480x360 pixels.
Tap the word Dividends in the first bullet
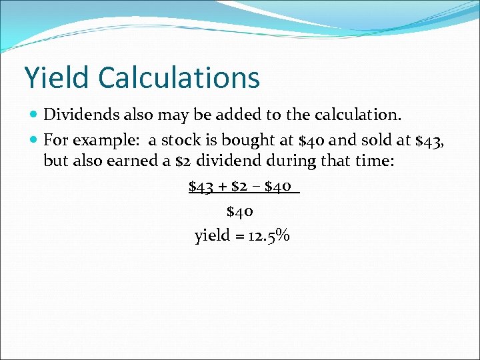77,115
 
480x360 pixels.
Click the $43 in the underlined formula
202,187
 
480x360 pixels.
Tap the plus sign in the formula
223,187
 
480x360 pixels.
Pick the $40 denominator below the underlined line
240,212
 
